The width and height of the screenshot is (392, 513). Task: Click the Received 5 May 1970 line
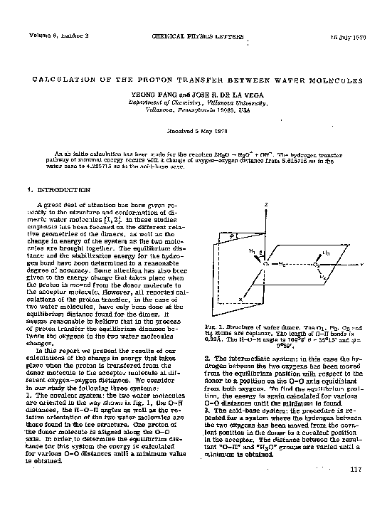coord(196,130)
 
